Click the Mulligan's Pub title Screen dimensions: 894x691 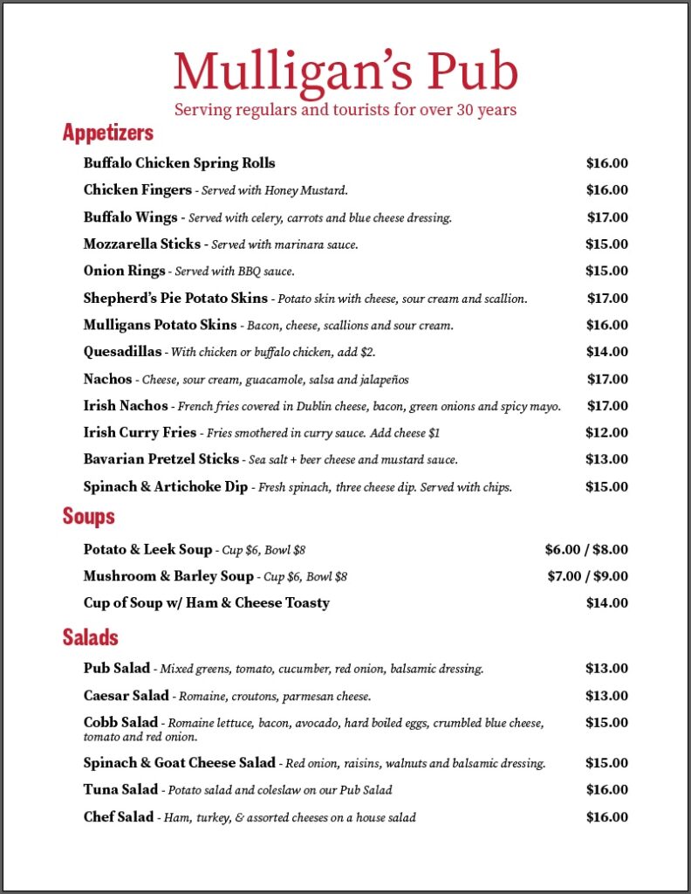pos(345,72)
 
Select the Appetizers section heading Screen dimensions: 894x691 pos(107,133)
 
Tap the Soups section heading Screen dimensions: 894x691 pos(88,516)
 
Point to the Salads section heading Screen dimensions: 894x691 pos(90,636)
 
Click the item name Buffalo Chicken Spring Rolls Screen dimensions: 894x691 pos(179,163)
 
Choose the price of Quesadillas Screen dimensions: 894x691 pos(607,352)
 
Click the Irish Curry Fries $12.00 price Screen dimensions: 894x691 pos(607,432)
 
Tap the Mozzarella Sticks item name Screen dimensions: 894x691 pos(141,244)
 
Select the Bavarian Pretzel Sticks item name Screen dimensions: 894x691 pos(161,459)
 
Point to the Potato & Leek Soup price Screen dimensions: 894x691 pos(586,549)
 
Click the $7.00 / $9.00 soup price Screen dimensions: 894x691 pos(586,576)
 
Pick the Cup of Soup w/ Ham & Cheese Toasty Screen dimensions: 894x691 pos(206,603)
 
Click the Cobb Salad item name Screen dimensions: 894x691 pos(120,723)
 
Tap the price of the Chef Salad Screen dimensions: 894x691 pos(607,817)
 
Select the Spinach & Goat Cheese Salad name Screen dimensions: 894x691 pos(179,763)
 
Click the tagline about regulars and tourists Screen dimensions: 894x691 pos(345,110)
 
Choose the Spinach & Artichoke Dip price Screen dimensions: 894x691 pos(607,486)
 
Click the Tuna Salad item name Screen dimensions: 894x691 pos(120,790)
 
